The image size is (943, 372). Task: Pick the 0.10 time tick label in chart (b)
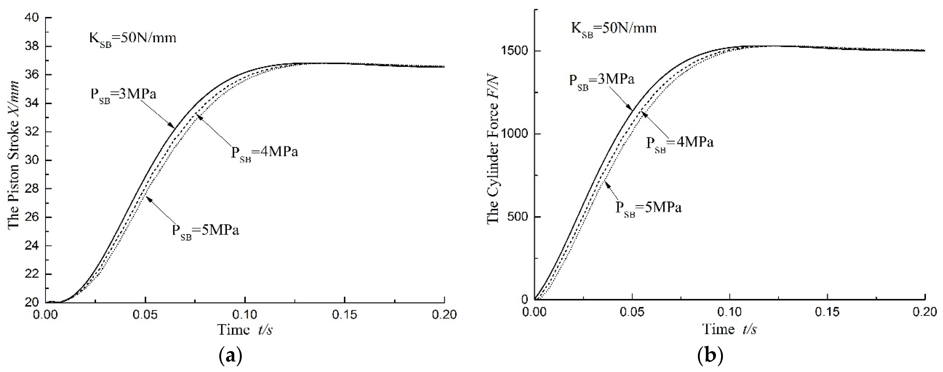pos(730,312)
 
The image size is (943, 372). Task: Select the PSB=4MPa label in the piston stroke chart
pos(264,153)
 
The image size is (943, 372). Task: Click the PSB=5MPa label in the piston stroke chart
pos(206,232)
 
